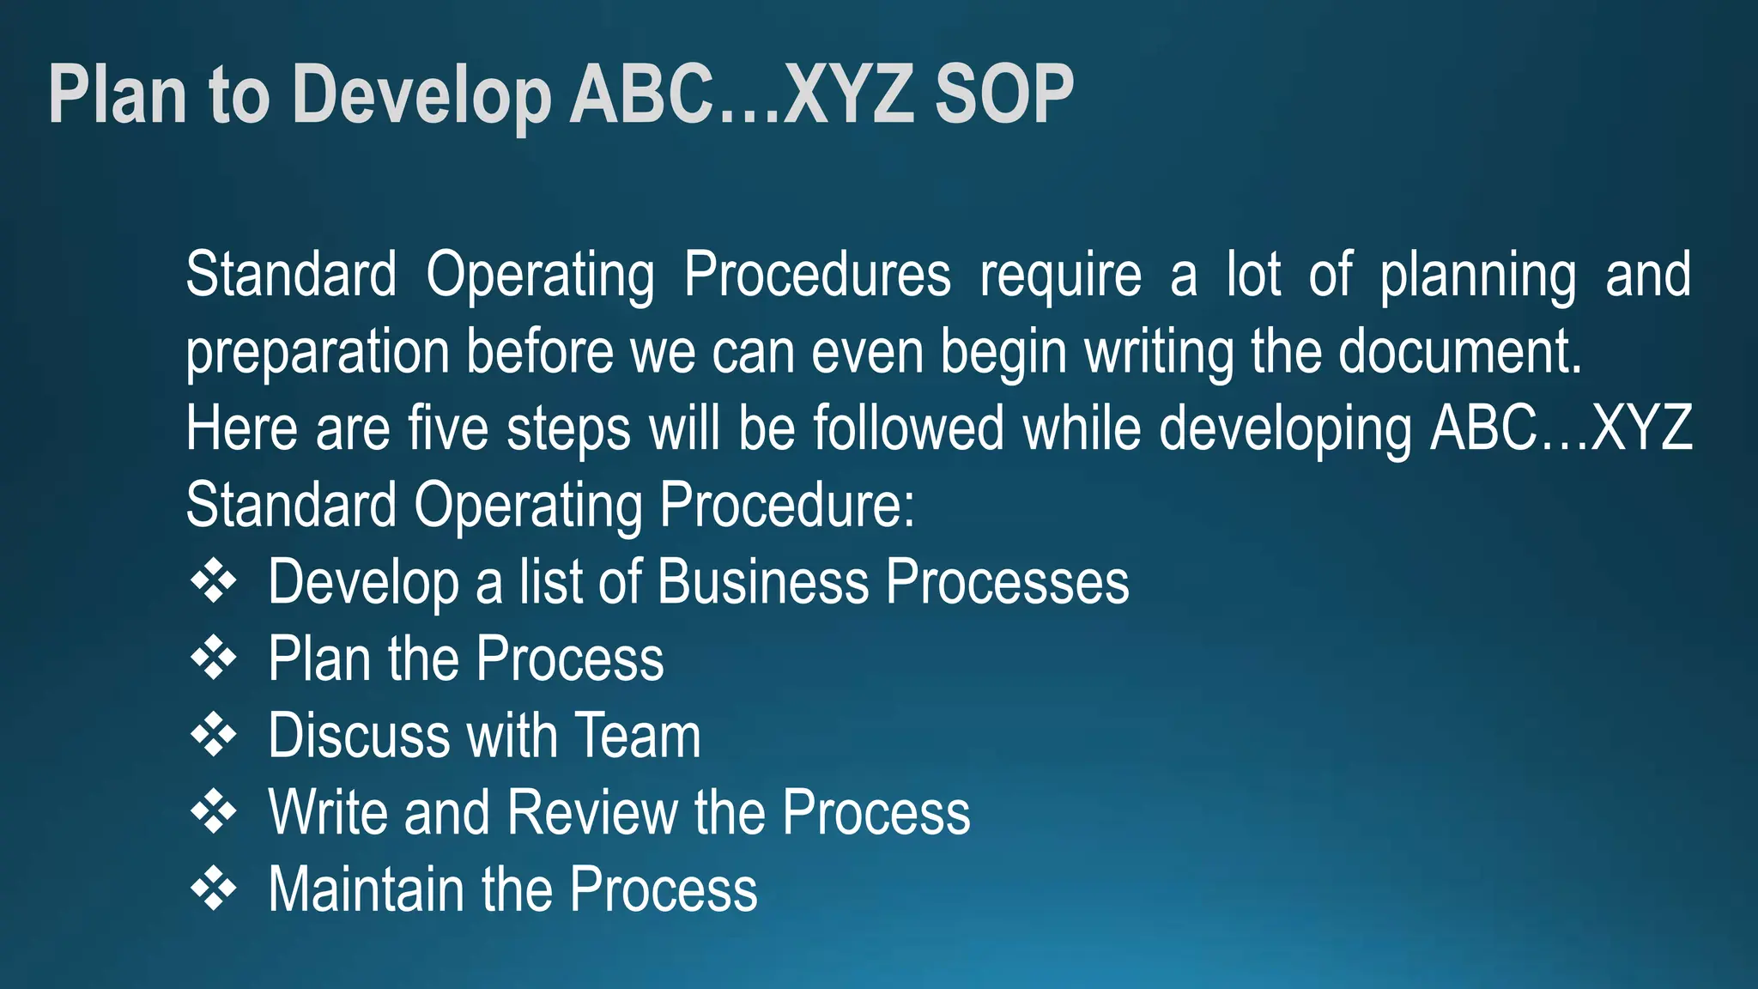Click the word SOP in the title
(1003, 94)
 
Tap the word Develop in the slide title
(421, 96)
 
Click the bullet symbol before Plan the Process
(213, 659)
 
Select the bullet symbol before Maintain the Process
(213, 889)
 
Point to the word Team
(637, 736)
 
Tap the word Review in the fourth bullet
(592, 812)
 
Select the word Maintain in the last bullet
(367, 889)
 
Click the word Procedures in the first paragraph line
(817, 276)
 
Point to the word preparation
(318, 354)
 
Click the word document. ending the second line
(1459, 352)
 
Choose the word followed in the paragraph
(908, 428)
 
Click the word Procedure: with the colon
(787, 505)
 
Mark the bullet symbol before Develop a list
(213, 582)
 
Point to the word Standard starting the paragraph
(291, 276)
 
